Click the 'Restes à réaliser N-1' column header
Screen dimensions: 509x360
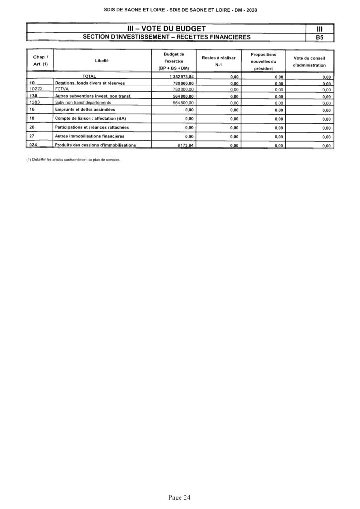point(218,60)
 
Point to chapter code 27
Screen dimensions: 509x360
point(32,136)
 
